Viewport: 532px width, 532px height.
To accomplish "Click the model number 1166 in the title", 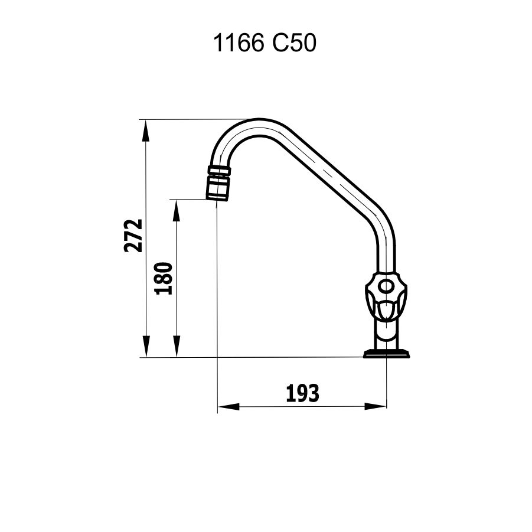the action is click(x=239, y=44).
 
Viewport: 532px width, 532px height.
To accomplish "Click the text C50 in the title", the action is click(x=295, y=44).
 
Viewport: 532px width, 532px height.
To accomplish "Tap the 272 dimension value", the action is click(x=133, y=236).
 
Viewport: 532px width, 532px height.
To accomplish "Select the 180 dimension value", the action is click(x=164, y=278).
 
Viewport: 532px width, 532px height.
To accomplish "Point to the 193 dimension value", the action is click(x=303, y=394).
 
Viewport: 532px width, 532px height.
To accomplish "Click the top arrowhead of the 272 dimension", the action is click(x=146, y=130).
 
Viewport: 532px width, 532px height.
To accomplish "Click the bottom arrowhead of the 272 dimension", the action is click(x=146, y=347).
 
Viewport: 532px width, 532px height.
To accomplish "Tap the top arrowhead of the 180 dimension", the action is click(x=177, y=210).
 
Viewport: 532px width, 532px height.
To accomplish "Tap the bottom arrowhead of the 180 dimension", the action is click(x=177, y=347).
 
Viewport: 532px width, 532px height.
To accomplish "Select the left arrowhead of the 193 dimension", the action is click(x=229, y=406).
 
